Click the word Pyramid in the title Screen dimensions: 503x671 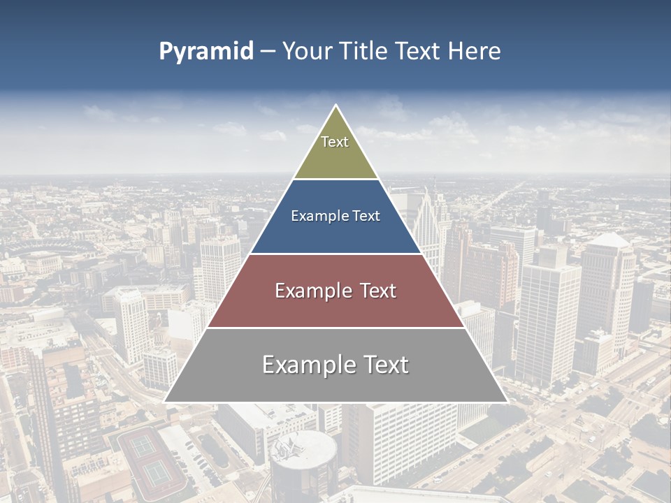click(x=206, y=52)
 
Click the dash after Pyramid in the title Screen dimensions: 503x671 click(x=268, y=52)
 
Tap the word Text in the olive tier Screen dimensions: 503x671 click(x=335, y=142)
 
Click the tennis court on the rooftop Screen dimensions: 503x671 click(x=150, y=458)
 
